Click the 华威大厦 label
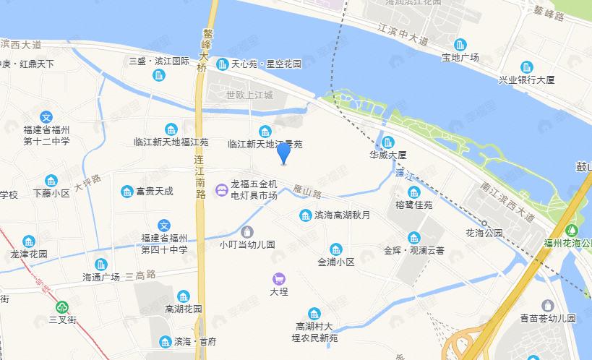[x=388, y=155]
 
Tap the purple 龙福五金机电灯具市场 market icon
[x=221, y=191]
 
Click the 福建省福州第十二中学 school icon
[x=46, y=116]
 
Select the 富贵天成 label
[x=154, y=192]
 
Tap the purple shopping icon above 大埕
[x=278, y=278]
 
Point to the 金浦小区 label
[x=336, y=262]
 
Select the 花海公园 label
[x=484, y=233]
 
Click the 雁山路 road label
[x=307, y=192]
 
